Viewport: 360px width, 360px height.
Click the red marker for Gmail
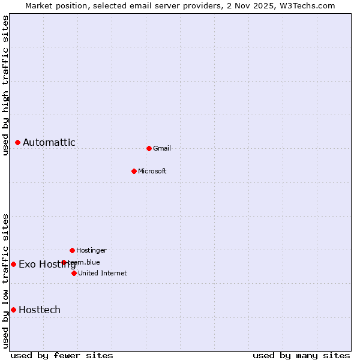pos(149,148)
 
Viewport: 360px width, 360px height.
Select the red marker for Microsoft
pos(134,171)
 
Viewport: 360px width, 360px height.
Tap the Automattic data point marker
pos(18,142)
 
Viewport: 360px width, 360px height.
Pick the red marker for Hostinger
pos(72,250)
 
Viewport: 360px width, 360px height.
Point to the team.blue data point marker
pos(64,262)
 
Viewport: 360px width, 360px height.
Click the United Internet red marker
pos(74,273)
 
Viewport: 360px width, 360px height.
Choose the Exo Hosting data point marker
pos(13,264)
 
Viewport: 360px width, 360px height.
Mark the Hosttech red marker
pos(13,310)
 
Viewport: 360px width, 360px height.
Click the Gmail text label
pos(162,148)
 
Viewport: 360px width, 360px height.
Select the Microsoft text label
pos(152,171)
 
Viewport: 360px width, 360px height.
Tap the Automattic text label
pos(49,142)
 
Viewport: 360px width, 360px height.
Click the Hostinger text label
pos(91,250)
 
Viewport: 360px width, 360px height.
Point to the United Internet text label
pos(103,273)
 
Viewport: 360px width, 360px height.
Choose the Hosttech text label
pos(40,310)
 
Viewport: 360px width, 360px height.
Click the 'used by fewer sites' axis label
pos(62,355)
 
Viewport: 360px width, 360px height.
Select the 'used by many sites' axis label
pos(301,355)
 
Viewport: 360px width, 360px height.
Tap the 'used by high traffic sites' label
pos(5,86)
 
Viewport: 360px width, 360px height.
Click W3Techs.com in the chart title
pos(305,5)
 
